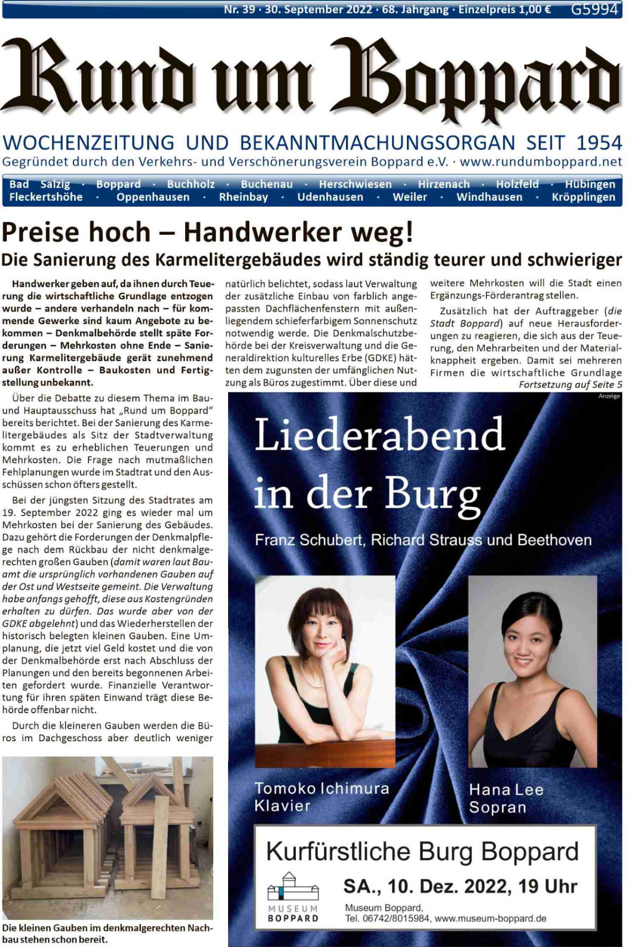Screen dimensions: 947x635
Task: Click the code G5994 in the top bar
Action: pyautogui.click(x=594, y=9)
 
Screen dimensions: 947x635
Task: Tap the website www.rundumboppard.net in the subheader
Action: pyautogui.click(x=541, y=161)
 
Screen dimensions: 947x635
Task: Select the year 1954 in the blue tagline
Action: pyautogui.click(x=599, y=143)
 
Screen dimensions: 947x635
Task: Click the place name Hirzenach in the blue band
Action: pyautogui.click(x=443, y=184)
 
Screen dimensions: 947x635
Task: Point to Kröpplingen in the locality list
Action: pyautogui.click(x=583, y=197)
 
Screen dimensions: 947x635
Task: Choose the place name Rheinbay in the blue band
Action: pyautogui.click(x=243, y=197)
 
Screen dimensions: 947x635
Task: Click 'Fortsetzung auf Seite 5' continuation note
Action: pyautogui.click(x=570, y=384)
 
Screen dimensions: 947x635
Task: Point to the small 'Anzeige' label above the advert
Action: pyautogui.click(x=609, y=396)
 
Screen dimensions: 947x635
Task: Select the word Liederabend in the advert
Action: pyautogui.click(x=379, y=435)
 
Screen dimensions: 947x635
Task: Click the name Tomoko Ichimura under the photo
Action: pyautogui.click(x=322, y=788)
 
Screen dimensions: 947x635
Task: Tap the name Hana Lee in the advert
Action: pyautogui.click(x=506, y=790)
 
